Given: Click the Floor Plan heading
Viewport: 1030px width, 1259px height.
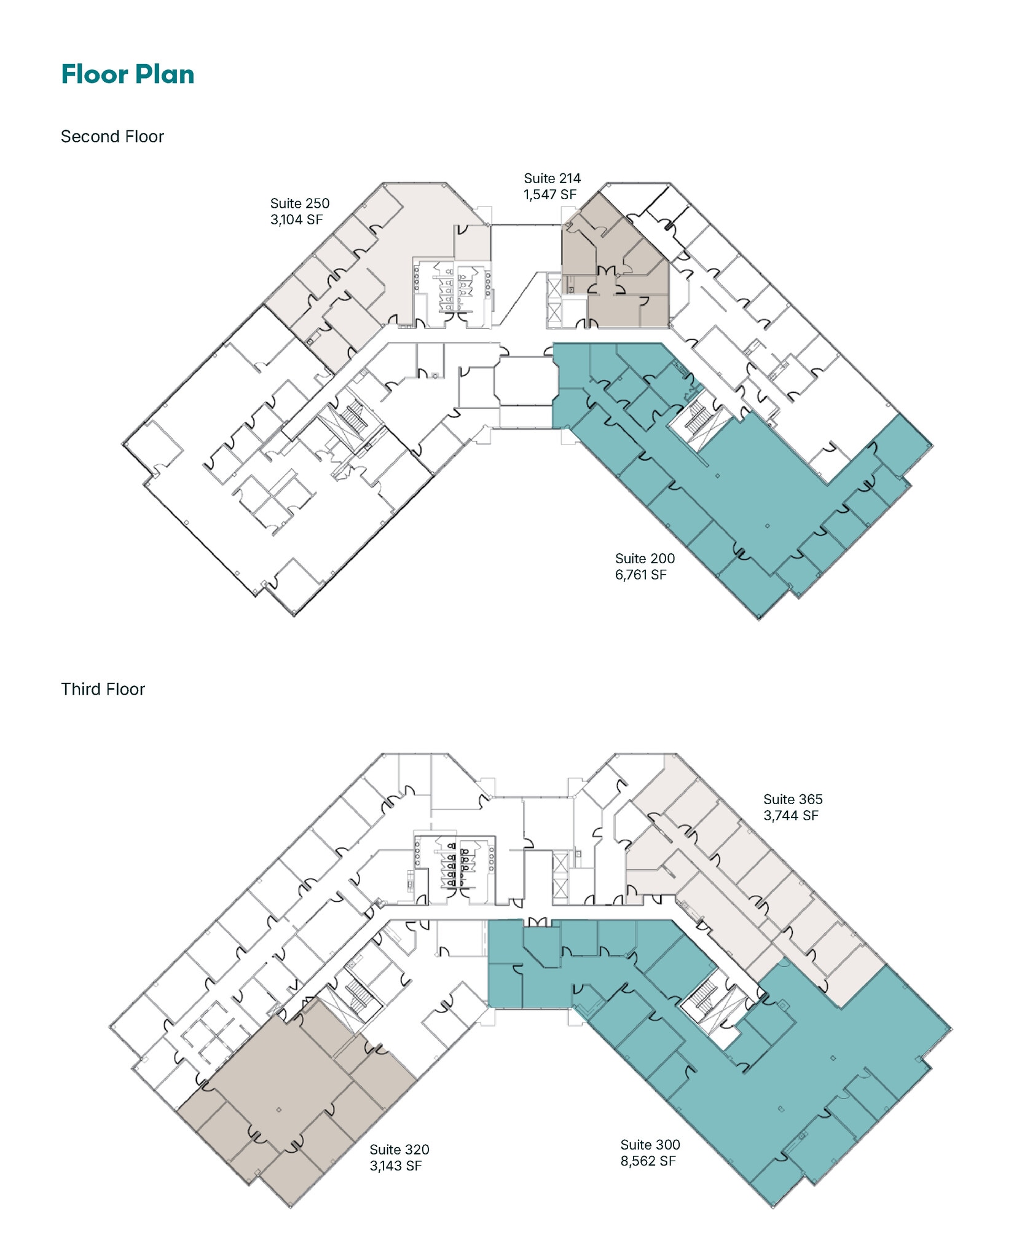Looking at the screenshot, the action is point(128,74).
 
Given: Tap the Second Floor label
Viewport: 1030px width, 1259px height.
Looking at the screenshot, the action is point(112,136).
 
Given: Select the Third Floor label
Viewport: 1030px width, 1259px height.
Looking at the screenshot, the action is point(103,689).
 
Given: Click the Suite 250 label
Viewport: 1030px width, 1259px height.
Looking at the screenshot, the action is point(300,203).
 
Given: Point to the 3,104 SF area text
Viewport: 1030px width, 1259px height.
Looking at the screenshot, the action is point(297,219).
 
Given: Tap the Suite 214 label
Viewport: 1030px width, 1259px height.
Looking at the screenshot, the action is point(552,178).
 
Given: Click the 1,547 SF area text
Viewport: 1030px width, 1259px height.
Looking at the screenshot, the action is point(550,194).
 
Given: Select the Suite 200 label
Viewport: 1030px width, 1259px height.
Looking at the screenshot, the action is point(645,559).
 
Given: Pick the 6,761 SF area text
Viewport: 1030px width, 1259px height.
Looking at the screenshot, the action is point(641,575).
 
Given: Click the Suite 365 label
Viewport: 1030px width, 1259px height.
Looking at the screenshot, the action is point(793,799).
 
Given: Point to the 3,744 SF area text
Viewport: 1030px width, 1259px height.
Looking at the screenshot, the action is point(791,815).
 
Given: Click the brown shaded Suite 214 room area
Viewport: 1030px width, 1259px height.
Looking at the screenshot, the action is point(621,270).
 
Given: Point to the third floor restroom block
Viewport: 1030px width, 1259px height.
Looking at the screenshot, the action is point(455,869).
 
